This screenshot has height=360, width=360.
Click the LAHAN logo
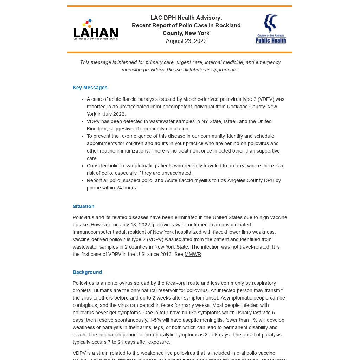pos(96,30)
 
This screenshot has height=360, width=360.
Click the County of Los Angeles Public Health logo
pos(271,29)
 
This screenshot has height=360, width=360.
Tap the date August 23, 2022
pos(186,41)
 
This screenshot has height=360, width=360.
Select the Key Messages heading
pos(90,88)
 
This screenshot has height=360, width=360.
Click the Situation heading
pos(83,206)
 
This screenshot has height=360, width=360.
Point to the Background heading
pos(87,272)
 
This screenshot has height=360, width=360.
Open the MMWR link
pos(193,254)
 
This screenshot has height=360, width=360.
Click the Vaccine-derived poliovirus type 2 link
pos(109,239)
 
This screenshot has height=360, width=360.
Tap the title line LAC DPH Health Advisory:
pos(186,18)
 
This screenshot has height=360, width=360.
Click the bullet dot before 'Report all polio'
pos(82,181)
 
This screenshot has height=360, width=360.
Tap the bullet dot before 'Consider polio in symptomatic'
pos(82,166)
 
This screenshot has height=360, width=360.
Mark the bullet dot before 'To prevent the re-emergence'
pos(82,136)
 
